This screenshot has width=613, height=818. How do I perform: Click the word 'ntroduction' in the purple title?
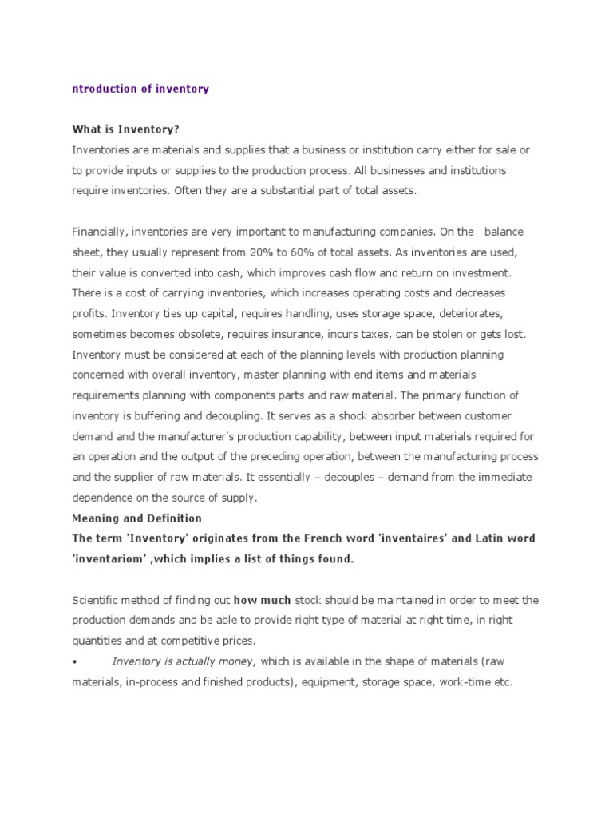(x=103, y=89)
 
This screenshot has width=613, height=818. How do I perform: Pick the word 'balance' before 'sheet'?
(x=504, y=232)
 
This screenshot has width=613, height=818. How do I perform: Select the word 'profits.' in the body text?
(x=90, y=312)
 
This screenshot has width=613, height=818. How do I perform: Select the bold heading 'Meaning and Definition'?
(x=136, y=518)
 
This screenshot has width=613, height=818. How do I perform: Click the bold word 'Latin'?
(x=479, y=538)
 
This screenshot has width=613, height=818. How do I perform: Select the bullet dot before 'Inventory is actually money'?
(x=74, y=661)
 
